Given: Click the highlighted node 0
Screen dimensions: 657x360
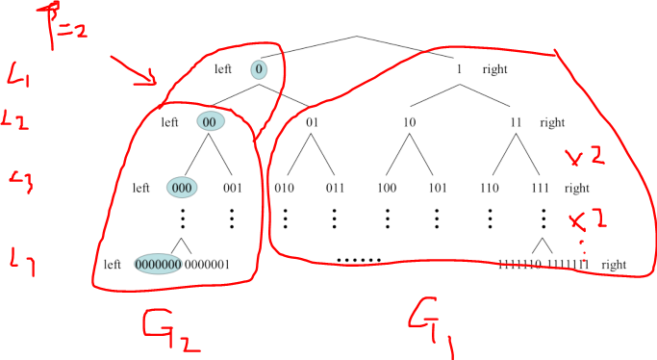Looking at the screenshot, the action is click(260, 69).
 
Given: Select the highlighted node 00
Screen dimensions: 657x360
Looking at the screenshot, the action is click(210, 122).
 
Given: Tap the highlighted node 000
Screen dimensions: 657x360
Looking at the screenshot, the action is click(186, 188).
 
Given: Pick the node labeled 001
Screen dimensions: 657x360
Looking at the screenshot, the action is click(232, 188).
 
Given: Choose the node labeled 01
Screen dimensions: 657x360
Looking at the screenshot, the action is click(312, 122).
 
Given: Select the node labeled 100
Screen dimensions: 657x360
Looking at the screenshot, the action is click(387, 188).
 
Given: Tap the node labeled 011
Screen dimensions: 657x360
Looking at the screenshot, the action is click(334, 188).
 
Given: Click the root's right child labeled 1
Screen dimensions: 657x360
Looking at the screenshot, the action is click(461, 69).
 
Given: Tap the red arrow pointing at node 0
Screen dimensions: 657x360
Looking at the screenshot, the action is click(135, 72).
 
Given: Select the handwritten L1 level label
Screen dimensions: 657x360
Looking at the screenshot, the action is click(19, 72).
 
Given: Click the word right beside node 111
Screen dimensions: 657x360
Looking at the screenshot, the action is click(576, 188).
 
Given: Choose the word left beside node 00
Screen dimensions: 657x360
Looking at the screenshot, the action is click(171, 122).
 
